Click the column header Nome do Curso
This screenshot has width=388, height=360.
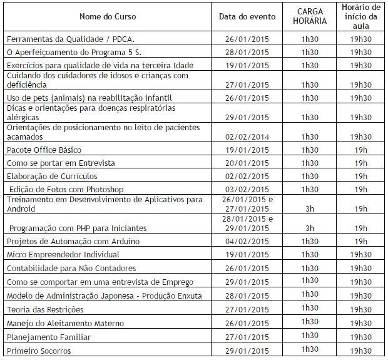(108, 16)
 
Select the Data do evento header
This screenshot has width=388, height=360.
(246, 16)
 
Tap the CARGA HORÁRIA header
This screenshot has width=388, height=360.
(310, 16)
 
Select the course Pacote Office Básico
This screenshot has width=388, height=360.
(44, 150)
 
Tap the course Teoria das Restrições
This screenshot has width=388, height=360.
(44, 309)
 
